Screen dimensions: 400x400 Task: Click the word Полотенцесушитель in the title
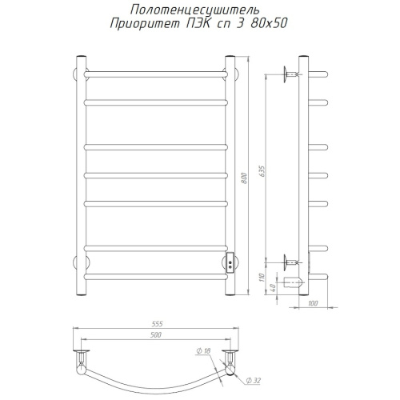pos(194,10)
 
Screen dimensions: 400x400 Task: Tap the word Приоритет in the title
pos(145,24)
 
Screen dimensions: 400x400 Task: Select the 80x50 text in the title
pos(269,23)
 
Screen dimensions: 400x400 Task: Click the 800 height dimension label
pos(244,178)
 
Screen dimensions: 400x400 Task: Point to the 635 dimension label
pos(262,172)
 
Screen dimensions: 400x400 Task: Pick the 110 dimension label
pos(262,278)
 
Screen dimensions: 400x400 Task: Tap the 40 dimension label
pos(272,287)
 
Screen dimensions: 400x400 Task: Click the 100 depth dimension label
pos(313,303)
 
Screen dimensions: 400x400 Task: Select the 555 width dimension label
pos(157,324)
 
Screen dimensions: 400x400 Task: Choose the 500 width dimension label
pos(156,335)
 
